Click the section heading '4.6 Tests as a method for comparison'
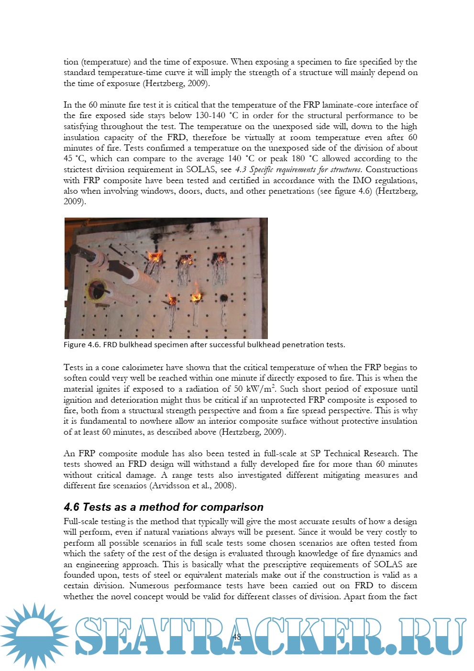click(164, 507)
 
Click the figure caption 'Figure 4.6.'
click(82, 345)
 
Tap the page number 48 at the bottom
click(236, 637)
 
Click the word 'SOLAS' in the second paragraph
click(201, 170)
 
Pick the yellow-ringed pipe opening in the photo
click(96, 289)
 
